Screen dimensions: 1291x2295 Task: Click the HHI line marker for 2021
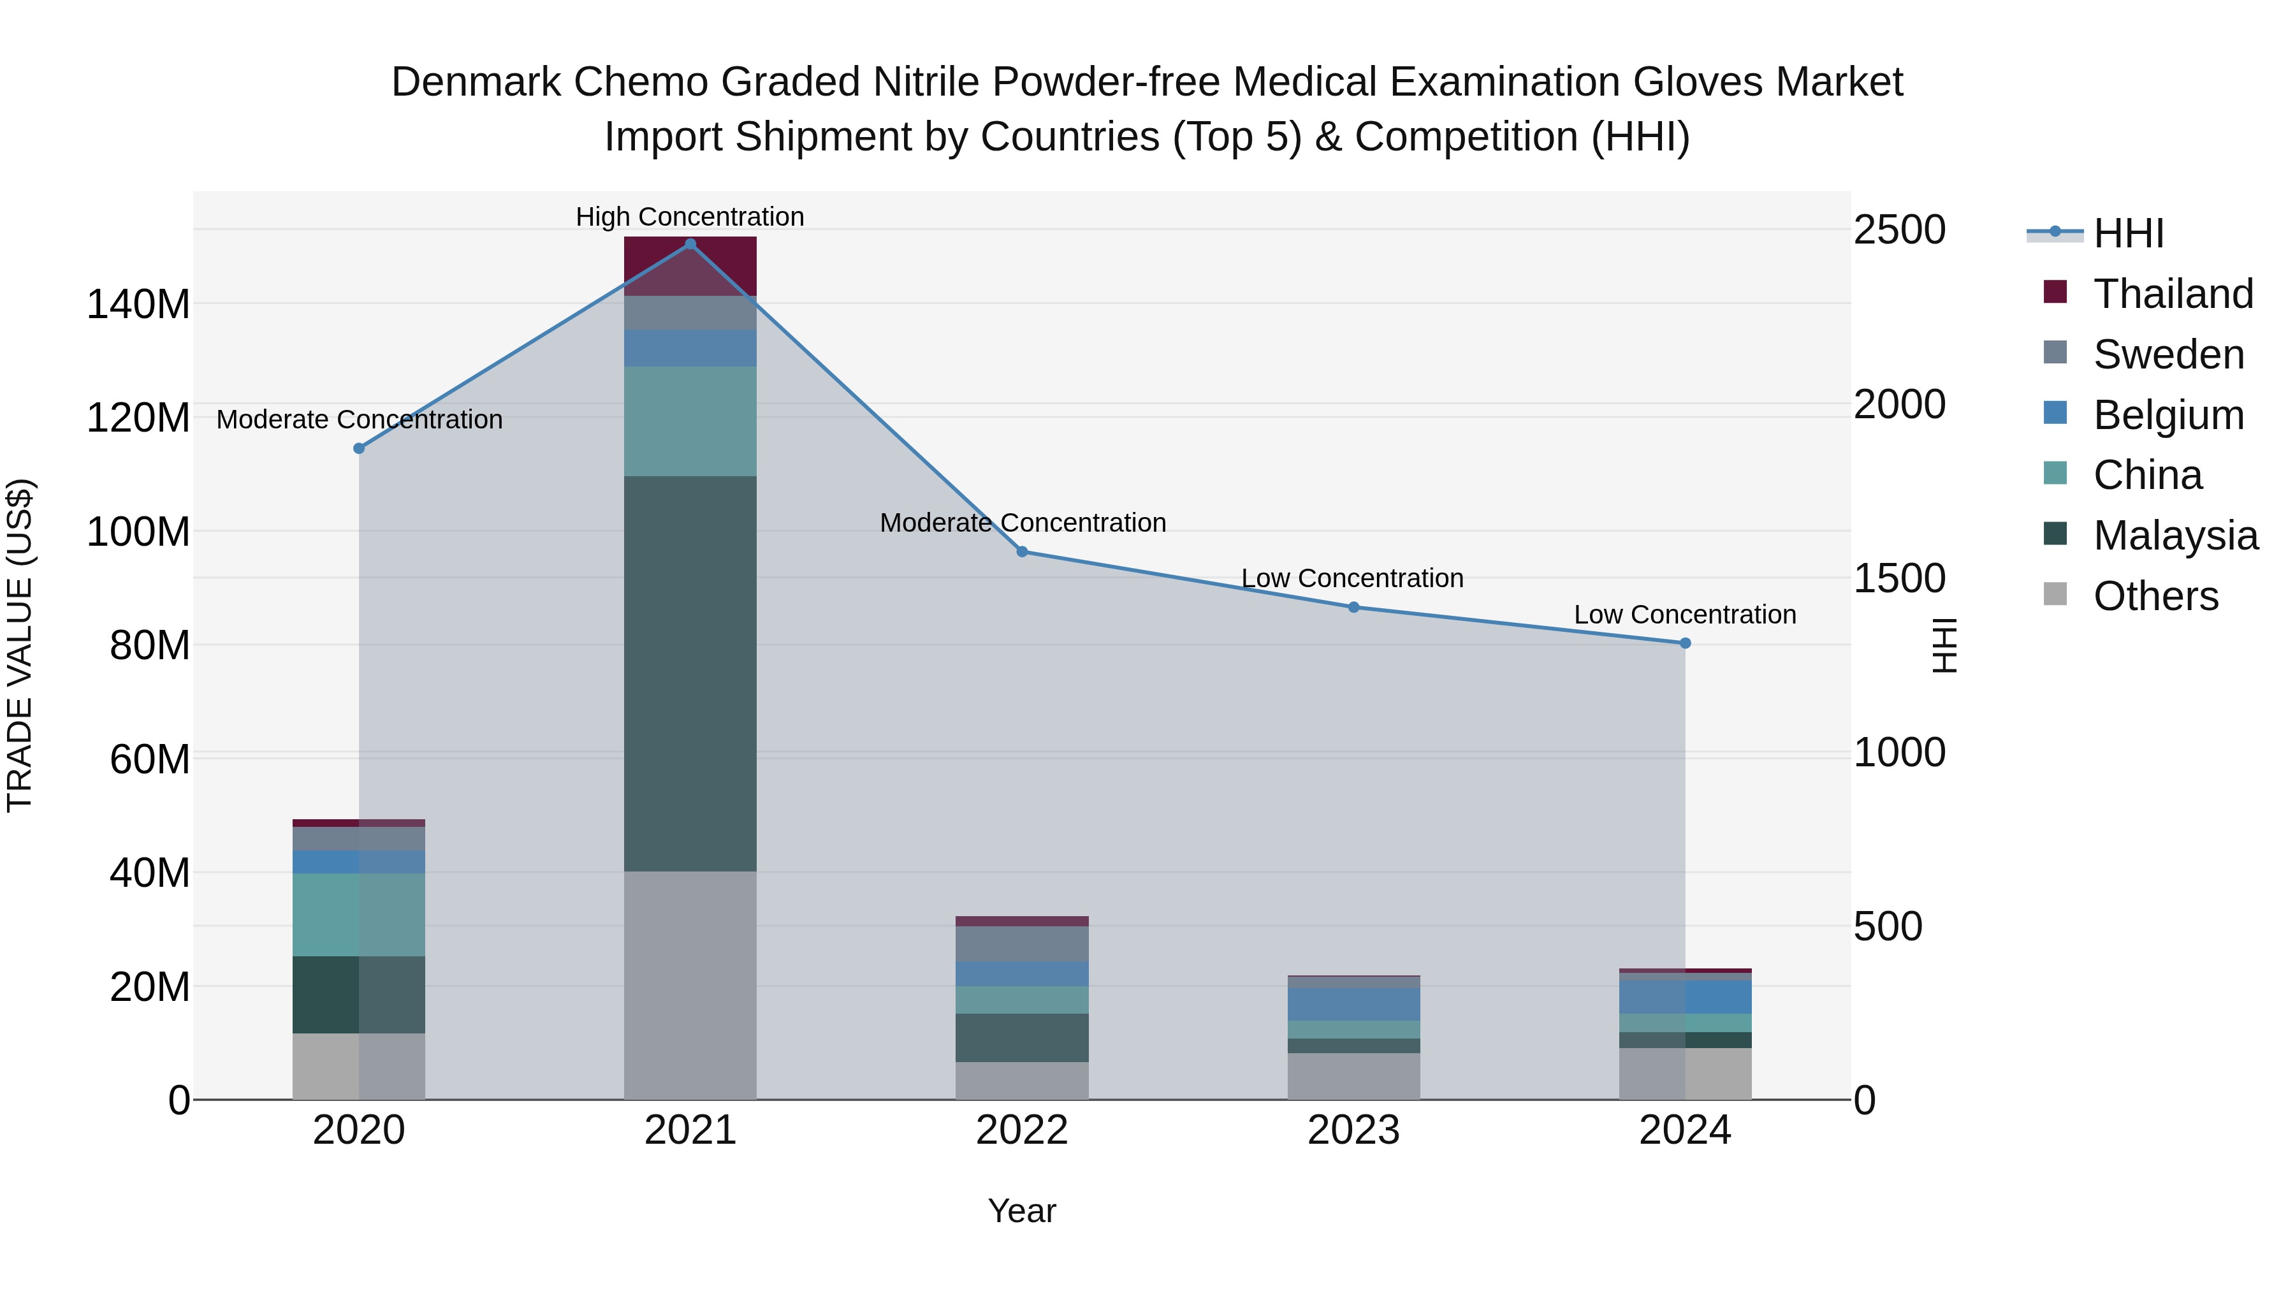690,244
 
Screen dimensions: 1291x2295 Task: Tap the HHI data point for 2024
1685,643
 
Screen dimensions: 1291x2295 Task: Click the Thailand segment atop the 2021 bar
690,265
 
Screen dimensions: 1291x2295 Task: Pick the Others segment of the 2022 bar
1022,1080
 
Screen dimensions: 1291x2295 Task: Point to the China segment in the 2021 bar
690,421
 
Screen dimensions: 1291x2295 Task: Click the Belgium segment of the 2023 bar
1353,1004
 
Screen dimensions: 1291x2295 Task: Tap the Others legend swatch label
2155,596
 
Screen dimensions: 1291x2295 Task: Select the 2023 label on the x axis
1353,1130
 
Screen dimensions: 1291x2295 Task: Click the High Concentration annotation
690,217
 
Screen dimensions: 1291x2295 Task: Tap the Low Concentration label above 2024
1685,615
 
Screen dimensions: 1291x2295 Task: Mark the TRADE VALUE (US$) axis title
20,645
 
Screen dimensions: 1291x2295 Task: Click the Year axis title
1022,1211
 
